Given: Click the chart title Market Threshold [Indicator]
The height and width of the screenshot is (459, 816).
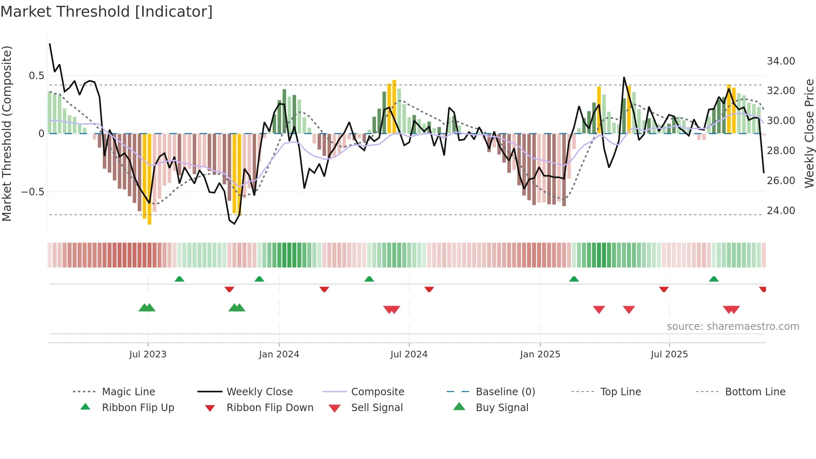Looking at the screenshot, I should tap(107, 12).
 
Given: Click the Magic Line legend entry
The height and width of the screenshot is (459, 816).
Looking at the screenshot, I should tap(128, 392).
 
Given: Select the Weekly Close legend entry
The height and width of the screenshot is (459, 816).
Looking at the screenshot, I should tap(259, 392).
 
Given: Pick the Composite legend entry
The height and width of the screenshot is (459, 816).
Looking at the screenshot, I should tap(377, 392).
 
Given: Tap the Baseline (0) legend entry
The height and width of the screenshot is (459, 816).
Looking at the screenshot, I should tap(505, 392).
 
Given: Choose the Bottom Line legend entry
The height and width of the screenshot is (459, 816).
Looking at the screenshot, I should tap(755, 392).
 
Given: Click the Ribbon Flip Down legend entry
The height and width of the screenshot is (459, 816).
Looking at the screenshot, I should tap(269, 408).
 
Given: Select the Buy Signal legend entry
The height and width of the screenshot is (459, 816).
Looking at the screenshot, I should tap(502, 408).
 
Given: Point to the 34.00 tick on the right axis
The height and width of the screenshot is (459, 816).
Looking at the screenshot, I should tap(781, 61).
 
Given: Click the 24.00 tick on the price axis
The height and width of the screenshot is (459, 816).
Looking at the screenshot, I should tap(781, 211).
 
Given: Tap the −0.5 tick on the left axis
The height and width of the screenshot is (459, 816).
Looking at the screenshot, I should tap(33, 192).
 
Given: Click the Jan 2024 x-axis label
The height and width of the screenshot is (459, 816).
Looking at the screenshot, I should tap(279, 354).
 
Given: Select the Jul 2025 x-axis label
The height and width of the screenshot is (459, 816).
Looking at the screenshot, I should tap(669, 354).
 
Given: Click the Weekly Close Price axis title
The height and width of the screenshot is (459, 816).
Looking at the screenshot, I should tap(809, 133).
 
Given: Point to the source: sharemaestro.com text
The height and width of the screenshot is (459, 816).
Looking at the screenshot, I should tap(733, 327).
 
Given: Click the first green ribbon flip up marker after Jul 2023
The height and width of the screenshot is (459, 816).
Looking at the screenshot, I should tap(179, 279).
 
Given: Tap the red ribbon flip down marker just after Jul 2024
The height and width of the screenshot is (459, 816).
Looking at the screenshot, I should tap(429, 289).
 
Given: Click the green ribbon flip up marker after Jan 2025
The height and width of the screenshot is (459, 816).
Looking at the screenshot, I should tap(574, 279).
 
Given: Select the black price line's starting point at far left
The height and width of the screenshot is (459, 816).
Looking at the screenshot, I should tap(50, 44).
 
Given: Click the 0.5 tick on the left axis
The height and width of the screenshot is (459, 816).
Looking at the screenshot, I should tap(36, 76).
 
